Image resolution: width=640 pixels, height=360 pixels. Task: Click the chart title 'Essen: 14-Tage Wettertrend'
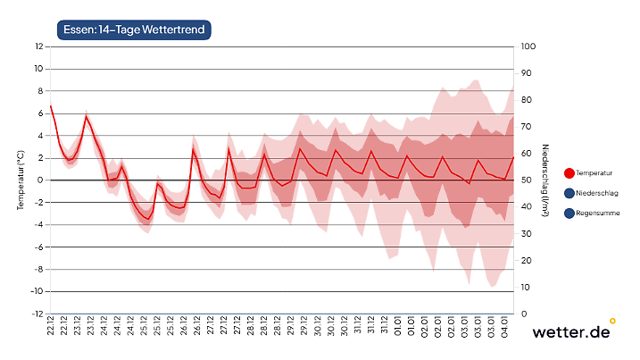point(134,29)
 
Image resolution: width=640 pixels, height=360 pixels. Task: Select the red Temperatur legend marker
point(569,173)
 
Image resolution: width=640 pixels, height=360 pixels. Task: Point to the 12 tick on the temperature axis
point(37,46)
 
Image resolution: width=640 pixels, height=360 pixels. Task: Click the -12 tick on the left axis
point(37,314)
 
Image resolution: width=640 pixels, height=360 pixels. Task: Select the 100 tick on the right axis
point(528,46)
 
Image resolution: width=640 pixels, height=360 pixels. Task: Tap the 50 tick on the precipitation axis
point(527,180)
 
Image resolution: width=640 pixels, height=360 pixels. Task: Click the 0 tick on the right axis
point(524,314)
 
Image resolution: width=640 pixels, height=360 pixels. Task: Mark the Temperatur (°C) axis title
point(19,180)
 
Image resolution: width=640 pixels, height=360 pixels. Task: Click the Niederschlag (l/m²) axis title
point(544,180)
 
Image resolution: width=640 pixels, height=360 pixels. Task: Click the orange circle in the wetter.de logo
point(612,320)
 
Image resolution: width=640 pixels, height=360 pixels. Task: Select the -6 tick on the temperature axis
point(38,247)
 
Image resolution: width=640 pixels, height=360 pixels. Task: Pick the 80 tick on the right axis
point(527,99)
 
